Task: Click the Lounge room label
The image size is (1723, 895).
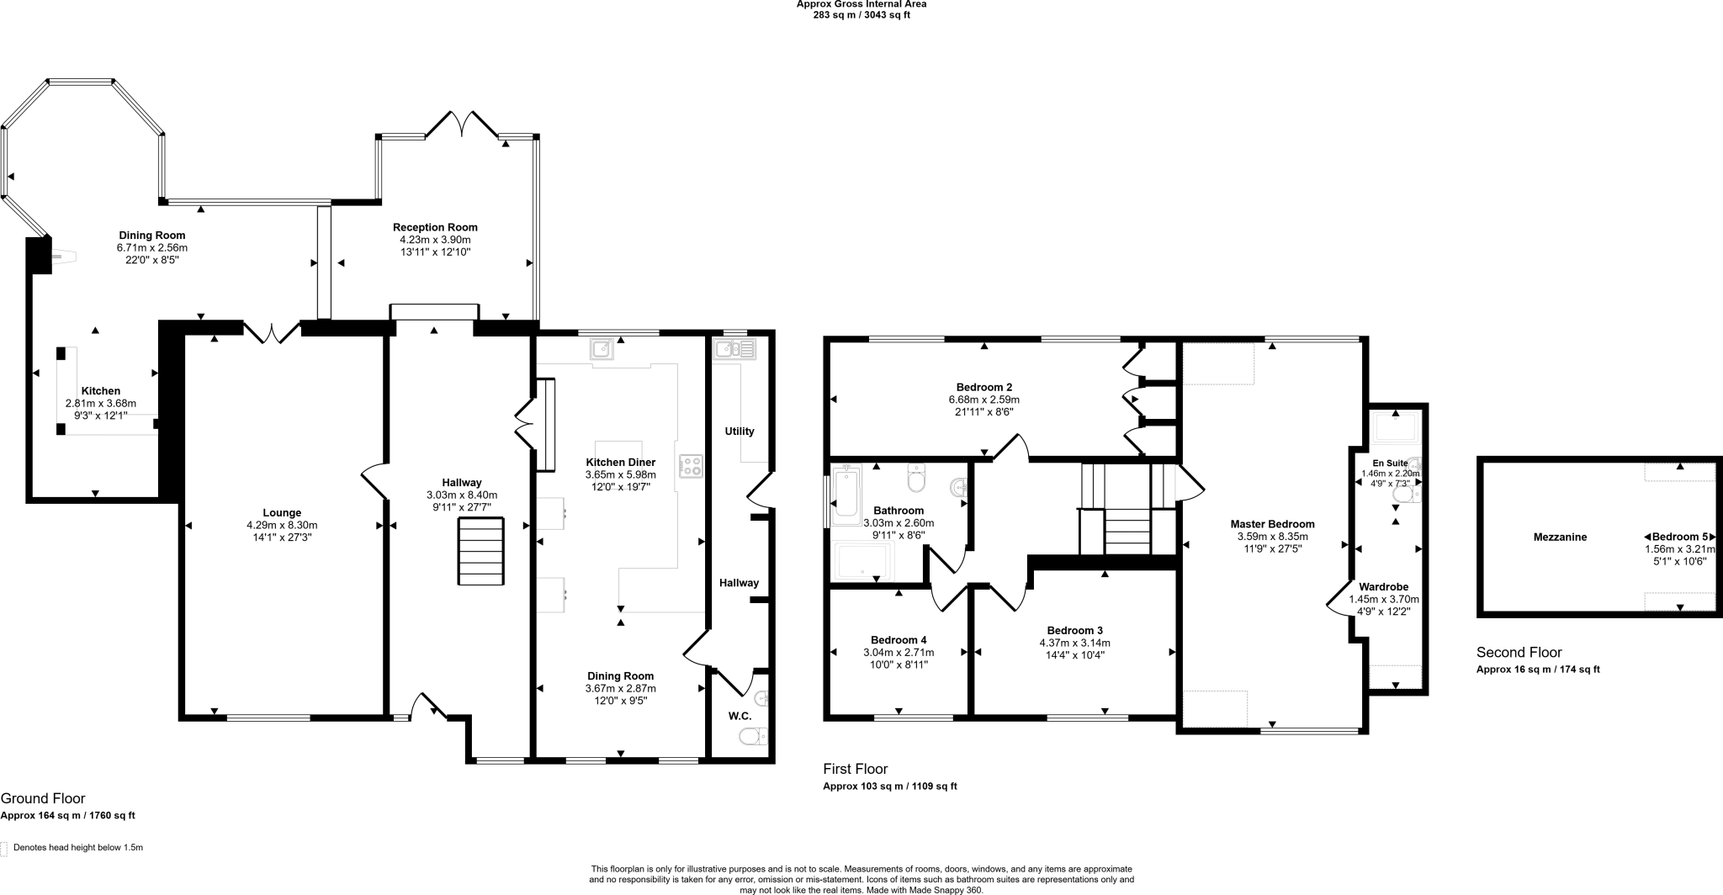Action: [282, 512]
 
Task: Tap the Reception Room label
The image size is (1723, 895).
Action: [435, 227]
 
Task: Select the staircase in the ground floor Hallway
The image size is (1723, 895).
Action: [481, 551]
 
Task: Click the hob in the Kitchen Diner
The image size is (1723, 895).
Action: [691, 466]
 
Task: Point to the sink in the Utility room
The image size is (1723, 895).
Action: [734, 348]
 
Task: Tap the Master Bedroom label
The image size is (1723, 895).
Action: [1275, 524]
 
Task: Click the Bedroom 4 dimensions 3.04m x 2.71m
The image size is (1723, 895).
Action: [899, 652]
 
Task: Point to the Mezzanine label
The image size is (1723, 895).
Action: [1560, 537]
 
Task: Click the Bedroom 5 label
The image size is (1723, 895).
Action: [1680, 537]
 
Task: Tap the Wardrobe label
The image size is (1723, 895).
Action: [1383, 587]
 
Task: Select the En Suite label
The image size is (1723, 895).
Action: [1390, 463]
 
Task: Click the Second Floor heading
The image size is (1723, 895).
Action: [1519, 652]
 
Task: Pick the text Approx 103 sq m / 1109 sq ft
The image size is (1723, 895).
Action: [889, 786]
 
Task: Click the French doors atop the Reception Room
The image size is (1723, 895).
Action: [462, 125]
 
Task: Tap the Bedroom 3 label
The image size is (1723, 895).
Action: [1074, 630]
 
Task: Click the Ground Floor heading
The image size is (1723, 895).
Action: [43, 798]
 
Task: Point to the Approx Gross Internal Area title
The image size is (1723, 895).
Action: [861, 4]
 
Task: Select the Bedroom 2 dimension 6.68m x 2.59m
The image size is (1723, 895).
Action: [983, 400]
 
